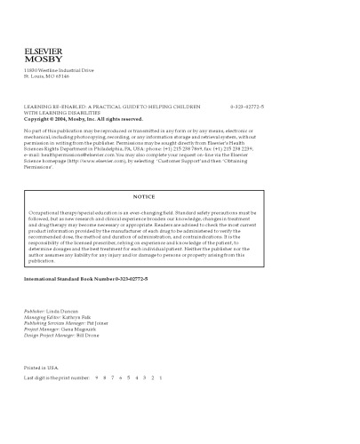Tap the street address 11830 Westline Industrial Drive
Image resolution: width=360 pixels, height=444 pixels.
(x=59, y=68)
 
